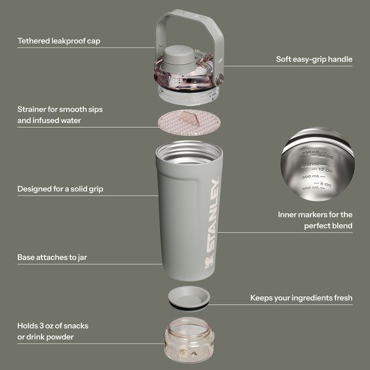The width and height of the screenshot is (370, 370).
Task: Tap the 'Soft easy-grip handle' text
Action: [314, 59]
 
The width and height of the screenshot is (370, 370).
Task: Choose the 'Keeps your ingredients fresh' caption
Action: [301, 298]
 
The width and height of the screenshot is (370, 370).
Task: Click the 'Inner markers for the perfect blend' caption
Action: [315, 220]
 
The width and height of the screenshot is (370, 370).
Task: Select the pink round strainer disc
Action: [189, 120]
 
